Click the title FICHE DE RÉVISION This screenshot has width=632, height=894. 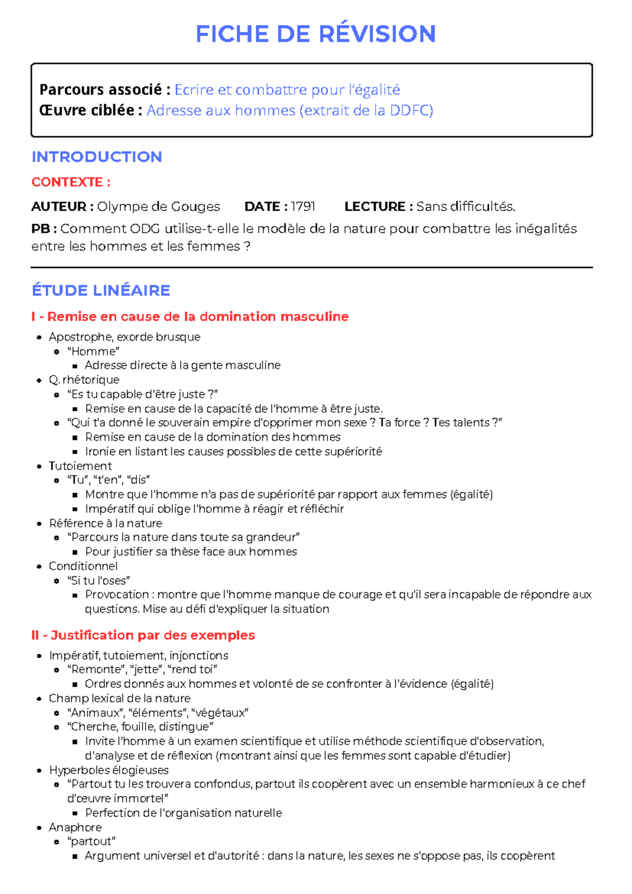(x=315, y=34)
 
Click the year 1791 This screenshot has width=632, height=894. (x=303, y=206)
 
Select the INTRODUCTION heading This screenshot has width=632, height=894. (x=96, y=157)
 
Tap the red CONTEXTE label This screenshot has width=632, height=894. (x=71, y=182)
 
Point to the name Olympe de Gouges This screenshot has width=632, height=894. (x=159, y=206)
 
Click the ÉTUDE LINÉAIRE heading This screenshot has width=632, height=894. (x=101, y=290)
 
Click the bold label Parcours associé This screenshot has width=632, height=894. (x=104, y=90)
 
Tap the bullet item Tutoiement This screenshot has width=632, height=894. (x=80, y=466)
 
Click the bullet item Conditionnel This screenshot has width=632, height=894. (x=83, y=566)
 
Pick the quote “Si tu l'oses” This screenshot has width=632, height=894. (x=98, y=581)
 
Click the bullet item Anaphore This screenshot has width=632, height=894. (x=75, y=827)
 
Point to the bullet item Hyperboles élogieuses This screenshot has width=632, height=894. (x=108, y=770)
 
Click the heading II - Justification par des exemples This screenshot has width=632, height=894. (x=143, y=635)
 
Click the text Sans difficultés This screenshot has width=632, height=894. (x=466, y=206)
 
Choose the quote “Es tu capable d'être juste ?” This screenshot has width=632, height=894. (x=142, y=394)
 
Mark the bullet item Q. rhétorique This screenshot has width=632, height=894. (x=84, y=380)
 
